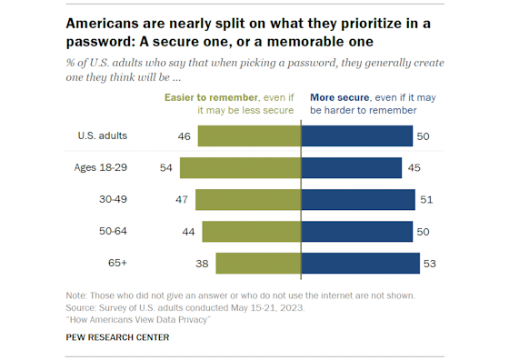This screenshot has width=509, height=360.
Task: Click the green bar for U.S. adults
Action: (249, 135)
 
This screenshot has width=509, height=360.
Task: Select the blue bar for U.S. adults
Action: (356, 135)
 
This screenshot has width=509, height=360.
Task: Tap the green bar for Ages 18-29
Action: (240, 167)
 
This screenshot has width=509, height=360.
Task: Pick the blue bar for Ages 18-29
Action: (351, 167)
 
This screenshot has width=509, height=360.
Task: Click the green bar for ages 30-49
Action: (248, 200)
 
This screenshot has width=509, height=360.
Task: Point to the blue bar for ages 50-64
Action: (356, 232)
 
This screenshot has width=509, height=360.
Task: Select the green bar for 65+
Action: (258, 264)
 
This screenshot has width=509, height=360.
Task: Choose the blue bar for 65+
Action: (360, 264)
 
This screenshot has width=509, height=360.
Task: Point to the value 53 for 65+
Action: (432, 264)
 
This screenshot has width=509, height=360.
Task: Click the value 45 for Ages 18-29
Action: (414, 167)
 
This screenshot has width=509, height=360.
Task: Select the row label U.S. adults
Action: (102, 135)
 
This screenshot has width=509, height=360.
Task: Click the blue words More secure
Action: (339, 96)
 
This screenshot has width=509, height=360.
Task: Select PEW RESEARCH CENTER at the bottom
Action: (116, 337)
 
